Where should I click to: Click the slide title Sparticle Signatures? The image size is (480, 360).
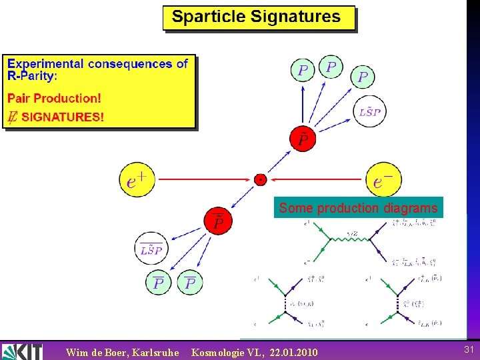pos(256,17)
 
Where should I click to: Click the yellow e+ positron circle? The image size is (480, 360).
pos(137,179)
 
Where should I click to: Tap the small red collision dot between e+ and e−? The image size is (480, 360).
pos(260,179)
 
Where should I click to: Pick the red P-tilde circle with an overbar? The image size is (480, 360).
pos(219,221)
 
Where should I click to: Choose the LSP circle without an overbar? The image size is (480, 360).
pos(369,112)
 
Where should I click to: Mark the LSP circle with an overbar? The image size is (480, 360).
pos(151,249)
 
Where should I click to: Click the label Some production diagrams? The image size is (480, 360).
pos(358,208)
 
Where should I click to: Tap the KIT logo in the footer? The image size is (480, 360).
pos(22,351)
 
